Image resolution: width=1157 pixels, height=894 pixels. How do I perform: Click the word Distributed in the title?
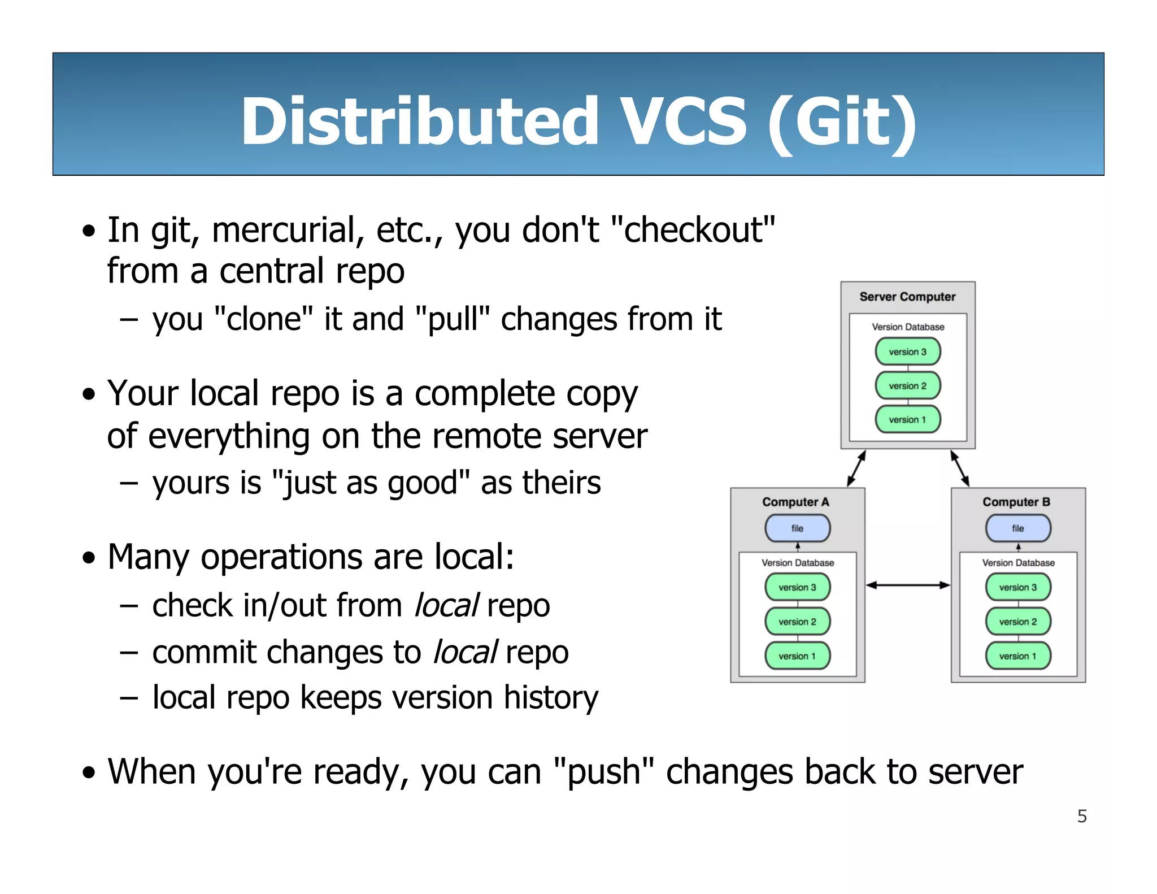click(x=419, y=121)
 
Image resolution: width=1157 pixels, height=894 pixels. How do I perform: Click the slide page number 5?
click(x=1082, y=816)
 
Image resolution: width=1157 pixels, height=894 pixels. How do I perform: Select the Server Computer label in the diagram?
click(x=907, y=297)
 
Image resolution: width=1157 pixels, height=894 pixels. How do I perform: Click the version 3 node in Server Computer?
click(x=908, y=351)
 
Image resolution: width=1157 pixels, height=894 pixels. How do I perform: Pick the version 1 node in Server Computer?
click(x=908, y=420)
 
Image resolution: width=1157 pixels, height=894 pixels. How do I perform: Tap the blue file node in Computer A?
click(x=797, y=528)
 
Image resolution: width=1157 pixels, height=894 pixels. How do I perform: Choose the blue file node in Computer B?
click(x=1018, y=528)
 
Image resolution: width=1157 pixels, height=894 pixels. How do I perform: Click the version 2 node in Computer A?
click(x=797, y=622)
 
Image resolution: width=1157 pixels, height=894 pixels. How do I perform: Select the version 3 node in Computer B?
click(x=1018, y=588)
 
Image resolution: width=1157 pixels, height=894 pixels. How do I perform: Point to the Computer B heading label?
click(x=1016, y=502)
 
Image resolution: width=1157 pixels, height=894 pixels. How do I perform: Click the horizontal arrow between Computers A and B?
click(x=908, y=585)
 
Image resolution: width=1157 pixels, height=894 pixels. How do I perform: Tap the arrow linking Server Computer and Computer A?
click(x=856, y=468)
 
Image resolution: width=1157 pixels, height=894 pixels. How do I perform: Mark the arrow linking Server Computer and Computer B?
click(x=960, y=468)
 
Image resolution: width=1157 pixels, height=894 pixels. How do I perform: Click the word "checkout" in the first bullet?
click(x=693, y=230)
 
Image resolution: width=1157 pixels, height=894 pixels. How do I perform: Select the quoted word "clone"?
click(x=264, y=319)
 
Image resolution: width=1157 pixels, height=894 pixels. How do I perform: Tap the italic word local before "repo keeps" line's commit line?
click(x=465, y=653)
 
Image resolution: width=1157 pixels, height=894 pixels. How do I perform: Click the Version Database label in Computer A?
click(x=797, y=563)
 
